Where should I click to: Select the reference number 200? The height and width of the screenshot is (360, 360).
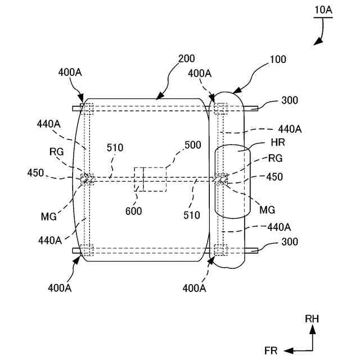pos(187,59)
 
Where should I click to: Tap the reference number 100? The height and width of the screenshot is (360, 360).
pos(278,59)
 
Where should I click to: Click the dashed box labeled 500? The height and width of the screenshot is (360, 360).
pos(150,179)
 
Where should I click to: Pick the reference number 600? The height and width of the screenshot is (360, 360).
pos(134,211)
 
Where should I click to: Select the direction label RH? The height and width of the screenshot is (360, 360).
pos(312,319)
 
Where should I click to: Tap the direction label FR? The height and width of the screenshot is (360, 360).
pos(271,350)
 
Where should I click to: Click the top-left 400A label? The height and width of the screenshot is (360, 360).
pos(70,73)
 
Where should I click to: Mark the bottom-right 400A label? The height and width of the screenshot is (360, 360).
pos(195,288)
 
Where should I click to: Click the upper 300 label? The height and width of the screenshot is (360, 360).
pos(290,101)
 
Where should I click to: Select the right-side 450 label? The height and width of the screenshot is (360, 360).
pos(274,176)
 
